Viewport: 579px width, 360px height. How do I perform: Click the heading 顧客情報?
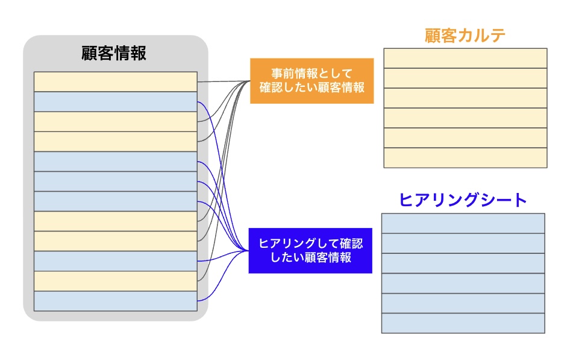(114, 53)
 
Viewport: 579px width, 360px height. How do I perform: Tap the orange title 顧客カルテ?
(465, 35)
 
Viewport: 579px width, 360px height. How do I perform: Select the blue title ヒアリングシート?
(463, 200)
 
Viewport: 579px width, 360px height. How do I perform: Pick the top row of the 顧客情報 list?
(115, 81)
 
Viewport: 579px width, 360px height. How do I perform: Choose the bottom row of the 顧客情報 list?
(115, 301)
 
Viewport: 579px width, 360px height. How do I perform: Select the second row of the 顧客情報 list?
(115, 101)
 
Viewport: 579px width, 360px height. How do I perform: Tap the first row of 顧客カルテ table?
(465, 58)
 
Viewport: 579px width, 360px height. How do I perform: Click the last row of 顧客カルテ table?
(465, 157)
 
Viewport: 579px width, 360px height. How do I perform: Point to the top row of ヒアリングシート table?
(463, 223)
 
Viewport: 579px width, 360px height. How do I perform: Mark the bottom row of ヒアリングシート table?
(463, 323)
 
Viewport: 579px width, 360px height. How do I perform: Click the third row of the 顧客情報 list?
(115, 121)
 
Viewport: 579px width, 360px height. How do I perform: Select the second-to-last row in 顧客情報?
(115, 281)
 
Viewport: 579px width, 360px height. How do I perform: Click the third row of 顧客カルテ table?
(465, 98)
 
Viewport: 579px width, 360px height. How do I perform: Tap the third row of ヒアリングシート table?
(463, 263)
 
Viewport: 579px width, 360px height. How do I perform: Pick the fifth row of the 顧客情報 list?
(115, 161)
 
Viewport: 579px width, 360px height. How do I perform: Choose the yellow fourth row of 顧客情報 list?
(115, 141)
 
